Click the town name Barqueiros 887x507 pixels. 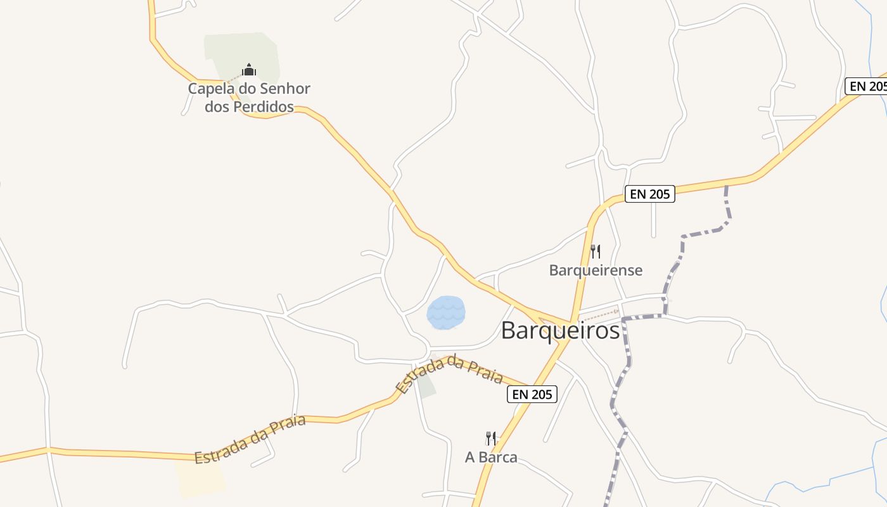tap(560, 330)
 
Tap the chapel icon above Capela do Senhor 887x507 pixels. tap(249, 69)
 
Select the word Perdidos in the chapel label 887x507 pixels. tap(264, 106)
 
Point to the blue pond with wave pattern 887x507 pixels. tap(446, 312)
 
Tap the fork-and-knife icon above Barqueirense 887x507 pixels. tap(595, 252)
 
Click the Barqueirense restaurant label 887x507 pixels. tap(596, 271)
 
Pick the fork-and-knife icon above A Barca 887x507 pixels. tap(490, 438)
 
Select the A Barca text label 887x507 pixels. tap(491, 457)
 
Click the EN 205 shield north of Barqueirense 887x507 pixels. tap(650, 194)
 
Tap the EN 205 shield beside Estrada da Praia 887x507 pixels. tap(532, 394)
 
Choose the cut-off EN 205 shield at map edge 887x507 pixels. tap(867, 86)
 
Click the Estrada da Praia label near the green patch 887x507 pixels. tap(449, 372)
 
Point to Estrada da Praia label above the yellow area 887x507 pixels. tap(250, 439)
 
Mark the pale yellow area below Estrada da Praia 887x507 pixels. tap(200, 478)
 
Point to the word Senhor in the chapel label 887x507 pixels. tap(283, 89)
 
